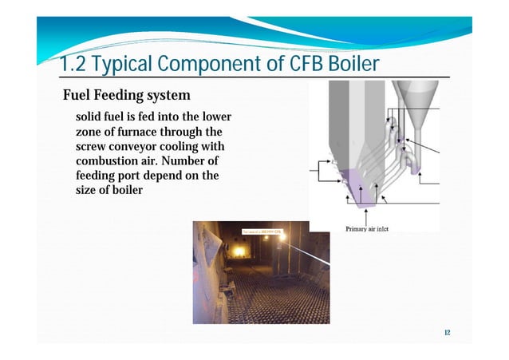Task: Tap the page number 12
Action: pos(446,332)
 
